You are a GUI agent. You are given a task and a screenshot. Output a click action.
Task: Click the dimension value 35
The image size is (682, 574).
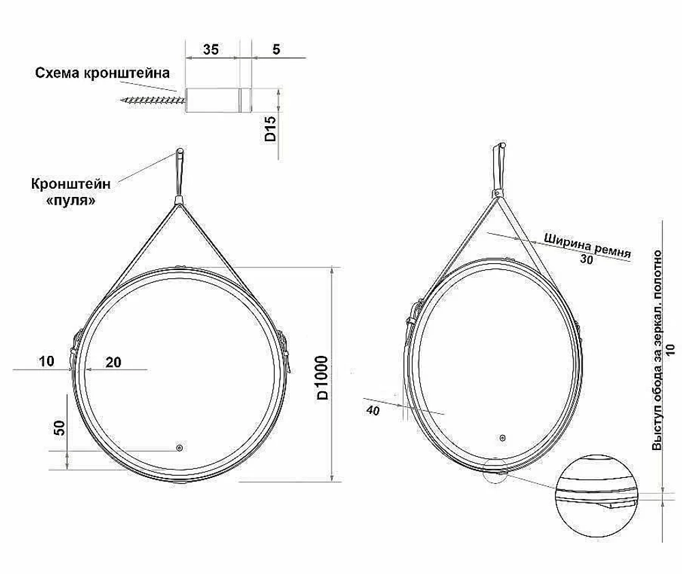(211, 49)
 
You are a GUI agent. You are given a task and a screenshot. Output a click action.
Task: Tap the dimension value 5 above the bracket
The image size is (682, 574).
(276, 49)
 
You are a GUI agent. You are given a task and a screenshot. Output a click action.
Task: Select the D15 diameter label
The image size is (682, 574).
(271, 128)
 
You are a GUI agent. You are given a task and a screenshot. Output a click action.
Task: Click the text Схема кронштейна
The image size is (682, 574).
(102, 73)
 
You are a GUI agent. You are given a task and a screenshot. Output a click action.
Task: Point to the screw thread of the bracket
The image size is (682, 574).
(153, 100)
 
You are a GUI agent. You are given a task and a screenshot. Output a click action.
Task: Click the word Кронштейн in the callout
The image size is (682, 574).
(70, 183)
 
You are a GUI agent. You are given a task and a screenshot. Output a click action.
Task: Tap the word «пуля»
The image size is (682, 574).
(70, 200)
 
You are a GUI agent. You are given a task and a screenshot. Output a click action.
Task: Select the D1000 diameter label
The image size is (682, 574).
(323, 378)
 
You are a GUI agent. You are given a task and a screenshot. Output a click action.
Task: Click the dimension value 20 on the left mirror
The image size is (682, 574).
(113, 362)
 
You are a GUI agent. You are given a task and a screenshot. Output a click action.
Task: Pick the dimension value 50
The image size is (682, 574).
(60, 428)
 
